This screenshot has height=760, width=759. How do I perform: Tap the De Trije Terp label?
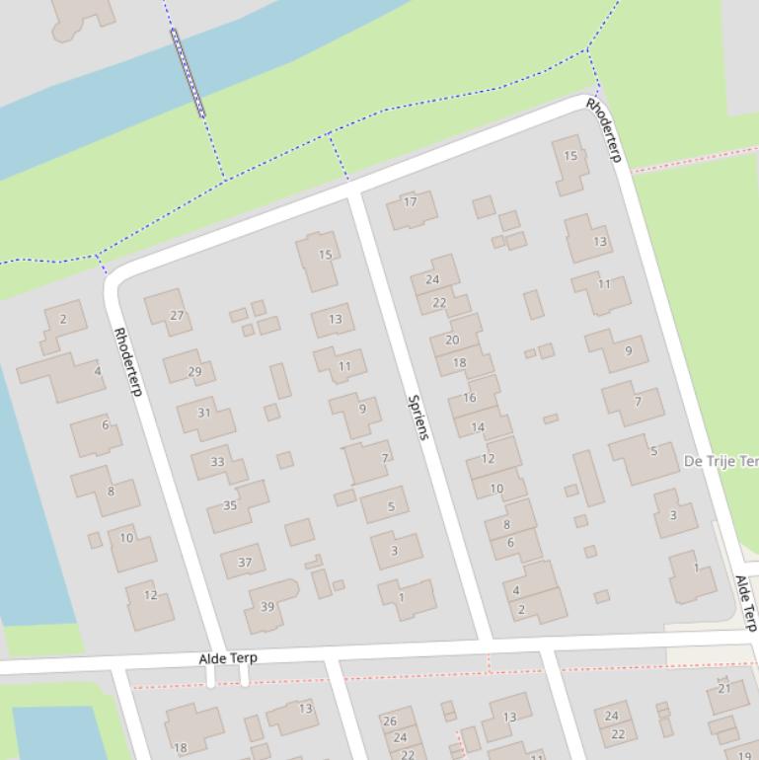(x=721, y=461)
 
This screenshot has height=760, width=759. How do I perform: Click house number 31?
(x=203, y=413)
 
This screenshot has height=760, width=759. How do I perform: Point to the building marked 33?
(x=217, y=461)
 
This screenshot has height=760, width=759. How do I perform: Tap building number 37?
(x=244, y=563)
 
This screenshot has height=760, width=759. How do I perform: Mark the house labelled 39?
(x=267, y=606)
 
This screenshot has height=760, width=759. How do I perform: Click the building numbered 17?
(x=411, y=202)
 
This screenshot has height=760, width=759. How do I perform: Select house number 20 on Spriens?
(x=452, y=340)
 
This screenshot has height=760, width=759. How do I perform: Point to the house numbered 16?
(x=470, y=398)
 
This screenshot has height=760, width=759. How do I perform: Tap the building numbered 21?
(x=725, y=689)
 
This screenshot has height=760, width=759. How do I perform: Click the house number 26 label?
(x=390, y=722)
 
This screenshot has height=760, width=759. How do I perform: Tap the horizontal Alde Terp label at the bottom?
(x=228, y=658)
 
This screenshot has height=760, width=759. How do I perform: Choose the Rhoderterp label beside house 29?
(x=128, y=362)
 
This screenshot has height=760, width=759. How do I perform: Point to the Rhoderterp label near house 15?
(x=604, y=129)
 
